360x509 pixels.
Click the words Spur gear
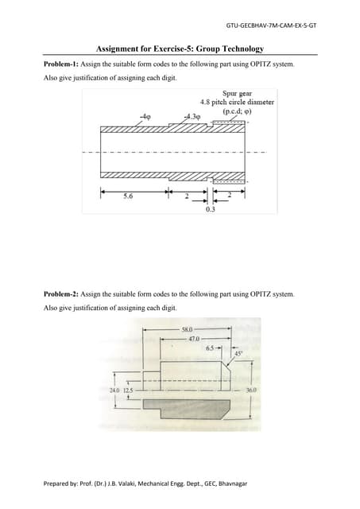coord(237,93)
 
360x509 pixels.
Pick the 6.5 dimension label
coord(210,348)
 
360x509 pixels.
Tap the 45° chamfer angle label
coord(238,354)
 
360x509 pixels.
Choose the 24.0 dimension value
coord(114,390)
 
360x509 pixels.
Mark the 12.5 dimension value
coord(128,390)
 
